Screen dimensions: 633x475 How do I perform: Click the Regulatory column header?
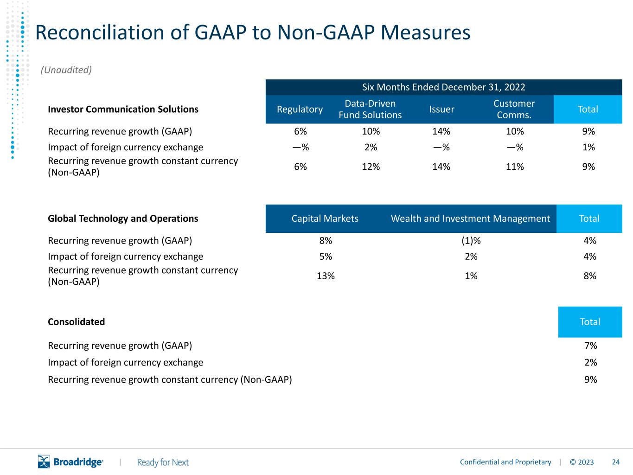point(300,109)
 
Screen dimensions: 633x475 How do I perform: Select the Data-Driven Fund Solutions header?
point(370,109)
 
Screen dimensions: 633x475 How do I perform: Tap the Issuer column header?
point(441,109)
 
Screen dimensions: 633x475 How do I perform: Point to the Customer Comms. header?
point(514,109)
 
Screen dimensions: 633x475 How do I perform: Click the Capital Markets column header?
point(325,218)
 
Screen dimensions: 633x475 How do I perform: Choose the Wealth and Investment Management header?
point(470,218)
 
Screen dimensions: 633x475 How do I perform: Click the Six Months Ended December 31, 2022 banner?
point(443,87)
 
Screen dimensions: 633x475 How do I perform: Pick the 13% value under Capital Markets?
point(326,276)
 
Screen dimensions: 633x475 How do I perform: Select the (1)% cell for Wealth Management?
point(471,241)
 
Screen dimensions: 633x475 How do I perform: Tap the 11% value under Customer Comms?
point(515,167)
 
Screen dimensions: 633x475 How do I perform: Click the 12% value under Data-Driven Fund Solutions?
point(371,167)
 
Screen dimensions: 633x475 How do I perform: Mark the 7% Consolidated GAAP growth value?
point(591,346)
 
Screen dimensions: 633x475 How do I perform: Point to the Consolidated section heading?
point(76,322)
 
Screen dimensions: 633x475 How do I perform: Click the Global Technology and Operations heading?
point(123,218)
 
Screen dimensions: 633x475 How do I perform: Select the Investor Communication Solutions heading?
point(123,109)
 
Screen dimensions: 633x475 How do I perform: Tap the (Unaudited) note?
point(66,70)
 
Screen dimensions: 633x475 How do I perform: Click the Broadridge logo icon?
point(44,462)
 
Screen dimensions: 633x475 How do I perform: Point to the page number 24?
point(616,462)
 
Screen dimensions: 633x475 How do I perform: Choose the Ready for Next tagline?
point(163,462)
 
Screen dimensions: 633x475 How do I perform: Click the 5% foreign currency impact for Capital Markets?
point(326,257)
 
